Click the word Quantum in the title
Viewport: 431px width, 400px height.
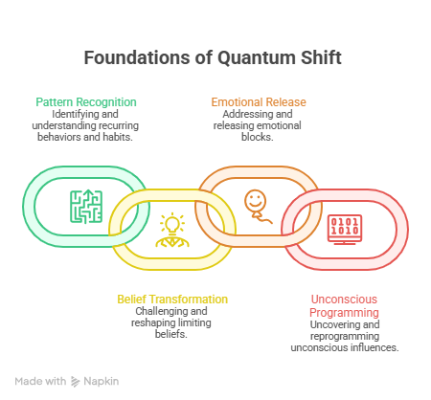point(257,58)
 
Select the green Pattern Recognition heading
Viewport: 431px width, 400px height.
point(86,102)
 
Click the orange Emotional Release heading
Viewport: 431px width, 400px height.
point(259,102)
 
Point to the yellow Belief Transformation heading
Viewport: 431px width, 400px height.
point(172,300)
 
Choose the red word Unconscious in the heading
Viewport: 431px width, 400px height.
point(344,300)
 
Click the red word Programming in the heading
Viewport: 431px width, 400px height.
point(344,313)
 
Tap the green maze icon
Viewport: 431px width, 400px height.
point(86,207)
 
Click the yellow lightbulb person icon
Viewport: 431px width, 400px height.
point(172,230)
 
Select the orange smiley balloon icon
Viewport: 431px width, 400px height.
point(258,207)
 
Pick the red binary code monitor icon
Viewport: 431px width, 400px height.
point(345,230)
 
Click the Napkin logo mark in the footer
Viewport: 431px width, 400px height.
point(75,382)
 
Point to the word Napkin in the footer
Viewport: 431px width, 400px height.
point(102,381)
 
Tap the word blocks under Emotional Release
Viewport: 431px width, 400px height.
point(258,137)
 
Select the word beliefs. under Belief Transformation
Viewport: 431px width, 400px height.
point(171,334)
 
